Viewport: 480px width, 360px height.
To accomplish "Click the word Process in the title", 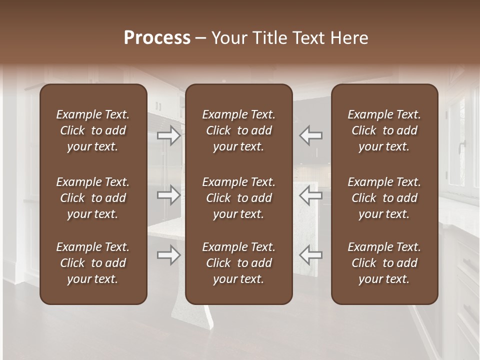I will (x=157, y=38).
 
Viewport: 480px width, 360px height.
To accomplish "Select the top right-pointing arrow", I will (x=168, y=135).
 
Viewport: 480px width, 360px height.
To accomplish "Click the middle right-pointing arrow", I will (x=168, y=195).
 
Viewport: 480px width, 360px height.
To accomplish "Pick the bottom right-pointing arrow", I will (x=168, y=255).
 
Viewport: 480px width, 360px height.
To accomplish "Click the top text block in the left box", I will (x=93, y=130).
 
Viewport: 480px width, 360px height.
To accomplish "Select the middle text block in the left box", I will (x=93, y=198).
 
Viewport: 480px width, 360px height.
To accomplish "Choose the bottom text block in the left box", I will (x=93, y=263).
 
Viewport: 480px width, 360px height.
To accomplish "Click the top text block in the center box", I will (x=239, y=130).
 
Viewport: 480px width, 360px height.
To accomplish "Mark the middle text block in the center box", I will (x=239, y=198).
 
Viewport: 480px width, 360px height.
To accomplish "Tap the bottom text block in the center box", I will (x=239, y=263).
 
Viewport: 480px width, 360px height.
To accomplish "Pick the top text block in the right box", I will (x=384, y=130).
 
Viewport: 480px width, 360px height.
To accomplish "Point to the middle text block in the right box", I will (x=384, y=198).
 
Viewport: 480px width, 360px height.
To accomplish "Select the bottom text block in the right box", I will (x=384, y=263).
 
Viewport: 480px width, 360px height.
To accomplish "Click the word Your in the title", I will (x=227, y=38).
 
